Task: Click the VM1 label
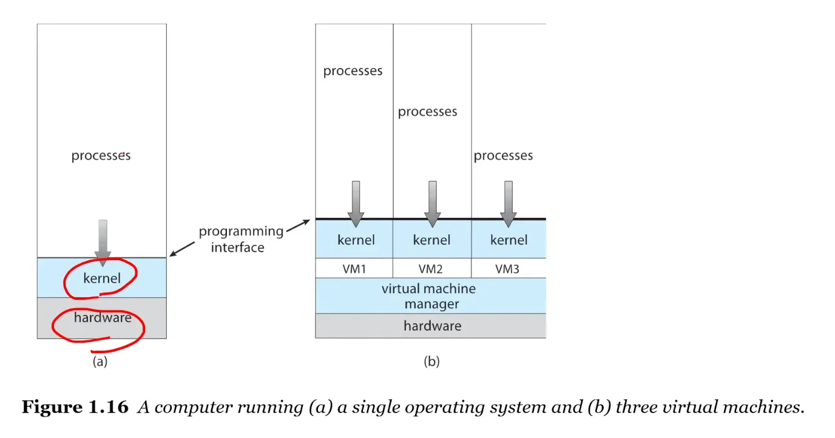point(354,268)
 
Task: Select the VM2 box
point(432,268)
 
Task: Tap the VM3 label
point(507,268)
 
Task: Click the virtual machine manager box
point(430,296)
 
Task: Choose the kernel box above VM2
point(431,240)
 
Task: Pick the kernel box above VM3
point(509,240)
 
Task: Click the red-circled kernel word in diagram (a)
point(102,279)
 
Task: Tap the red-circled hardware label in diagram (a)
point(102,317)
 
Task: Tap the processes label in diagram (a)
point(101,156)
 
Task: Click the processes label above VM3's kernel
point(503,156)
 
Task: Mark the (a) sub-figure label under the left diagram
point(100,362)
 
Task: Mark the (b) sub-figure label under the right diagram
point(431,362)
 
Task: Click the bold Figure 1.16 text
point(75,407)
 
